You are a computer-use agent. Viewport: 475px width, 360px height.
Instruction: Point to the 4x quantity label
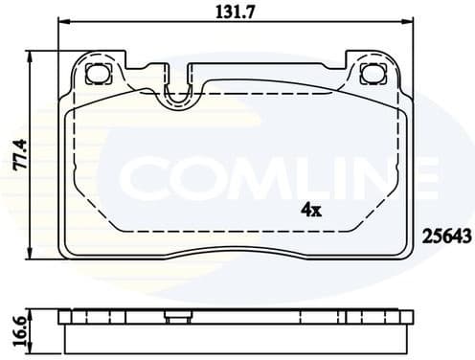pos(310,208)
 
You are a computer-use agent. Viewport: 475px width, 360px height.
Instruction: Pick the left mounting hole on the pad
pos(96,74)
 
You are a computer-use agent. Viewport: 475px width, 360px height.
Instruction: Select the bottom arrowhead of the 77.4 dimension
pos(35,257)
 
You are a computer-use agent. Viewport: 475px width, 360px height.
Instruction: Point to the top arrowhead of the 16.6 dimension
pos(35,311)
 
